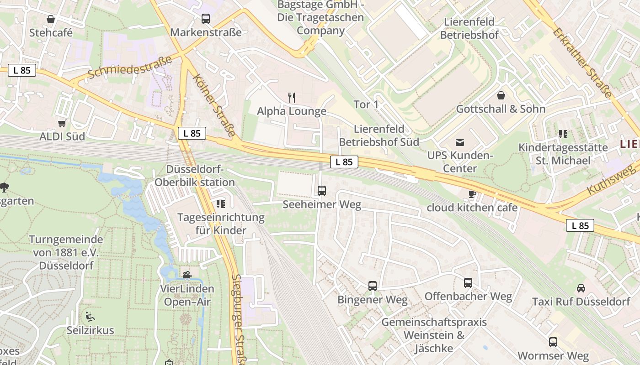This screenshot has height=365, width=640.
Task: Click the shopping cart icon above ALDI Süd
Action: click(x=62, y=123)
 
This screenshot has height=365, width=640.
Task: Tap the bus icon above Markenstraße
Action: click(x=206, y=19)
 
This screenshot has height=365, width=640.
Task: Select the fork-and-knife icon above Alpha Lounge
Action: click(x=292, y=97)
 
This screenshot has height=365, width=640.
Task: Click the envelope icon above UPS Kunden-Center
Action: click(x=460, y=142)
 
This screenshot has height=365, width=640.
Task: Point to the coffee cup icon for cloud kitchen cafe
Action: click(x=472, y=194)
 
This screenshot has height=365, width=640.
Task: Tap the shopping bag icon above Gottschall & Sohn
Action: click(x=501, y=95)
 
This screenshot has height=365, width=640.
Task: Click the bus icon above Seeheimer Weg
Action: click(x=322, y=191)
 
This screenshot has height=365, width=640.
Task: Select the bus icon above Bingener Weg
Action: click(x=373, y=286)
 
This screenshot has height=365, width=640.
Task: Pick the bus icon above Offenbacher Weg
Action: click(x=468, y=283)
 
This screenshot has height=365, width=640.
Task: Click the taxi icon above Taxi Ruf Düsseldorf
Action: click(x=581, y=288)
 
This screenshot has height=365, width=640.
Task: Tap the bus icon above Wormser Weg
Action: click(x=553, y=342)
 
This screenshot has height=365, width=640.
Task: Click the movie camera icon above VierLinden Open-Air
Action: click(x=187, y=275)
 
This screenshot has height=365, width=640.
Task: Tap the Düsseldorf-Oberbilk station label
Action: click(x=195, y=176)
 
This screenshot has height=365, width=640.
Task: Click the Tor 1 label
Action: click(x=366, y=104)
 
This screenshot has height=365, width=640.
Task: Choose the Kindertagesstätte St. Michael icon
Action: click(x=563, y=134)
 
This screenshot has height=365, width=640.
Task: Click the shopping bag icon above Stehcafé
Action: click(x=51, y=19)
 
